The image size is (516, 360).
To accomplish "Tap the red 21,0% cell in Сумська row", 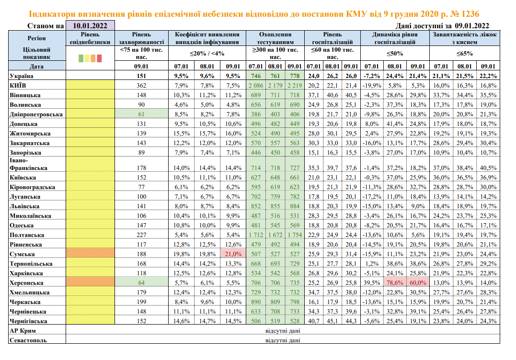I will [233, 254].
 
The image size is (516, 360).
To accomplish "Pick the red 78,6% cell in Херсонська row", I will [394, 282].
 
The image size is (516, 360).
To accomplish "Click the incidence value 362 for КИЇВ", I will [141, 85].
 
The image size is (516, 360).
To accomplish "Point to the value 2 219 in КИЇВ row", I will [295, 85].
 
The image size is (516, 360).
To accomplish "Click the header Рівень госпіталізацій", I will [333, 38].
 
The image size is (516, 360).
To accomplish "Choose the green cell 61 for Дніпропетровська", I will [141, 113].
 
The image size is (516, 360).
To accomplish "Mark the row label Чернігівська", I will [29, 321].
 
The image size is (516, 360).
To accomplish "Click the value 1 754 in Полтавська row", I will [295, 235].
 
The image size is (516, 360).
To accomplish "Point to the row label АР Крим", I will [23, 331].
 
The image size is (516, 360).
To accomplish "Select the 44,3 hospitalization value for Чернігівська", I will [351, 321].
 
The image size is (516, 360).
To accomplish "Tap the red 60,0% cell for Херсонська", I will [418, 282].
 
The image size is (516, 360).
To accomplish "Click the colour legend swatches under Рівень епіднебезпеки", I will [90, 58].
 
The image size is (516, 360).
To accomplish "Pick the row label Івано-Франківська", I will [29, 164].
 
